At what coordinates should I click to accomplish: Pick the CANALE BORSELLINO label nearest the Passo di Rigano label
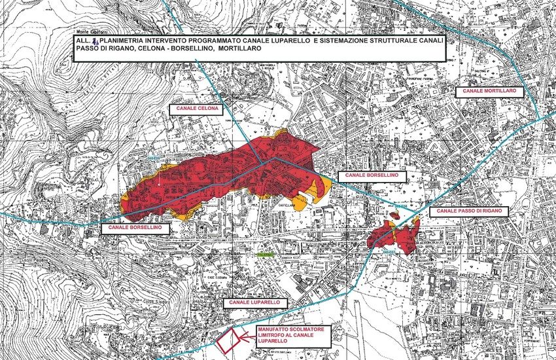(372, 177)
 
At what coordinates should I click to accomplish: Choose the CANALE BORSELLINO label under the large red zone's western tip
(135, 228)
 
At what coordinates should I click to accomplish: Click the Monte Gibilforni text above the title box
(90, 31)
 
